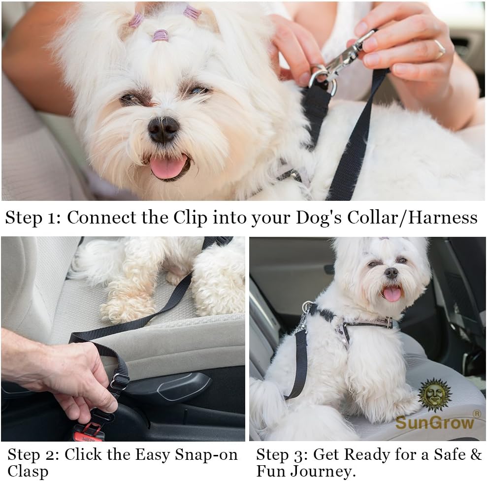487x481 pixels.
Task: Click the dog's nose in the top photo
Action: pyautogui.click(x=163, y=129)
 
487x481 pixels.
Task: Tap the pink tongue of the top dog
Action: pyautogui.click(x=168, y=167)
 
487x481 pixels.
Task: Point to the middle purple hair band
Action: pyautogui.click(x=160, y=35)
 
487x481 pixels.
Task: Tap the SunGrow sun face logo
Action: pyautogui.click(x=434, y=394)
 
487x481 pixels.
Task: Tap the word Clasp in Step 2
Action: pyautogui.click(x=28, y=471)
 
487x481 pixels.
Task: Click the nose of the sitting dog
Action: pyautogui.click(x=391, y=272)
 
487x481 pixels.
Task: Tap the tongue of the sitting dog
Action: pyautogui.click(x=392, y=294)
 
